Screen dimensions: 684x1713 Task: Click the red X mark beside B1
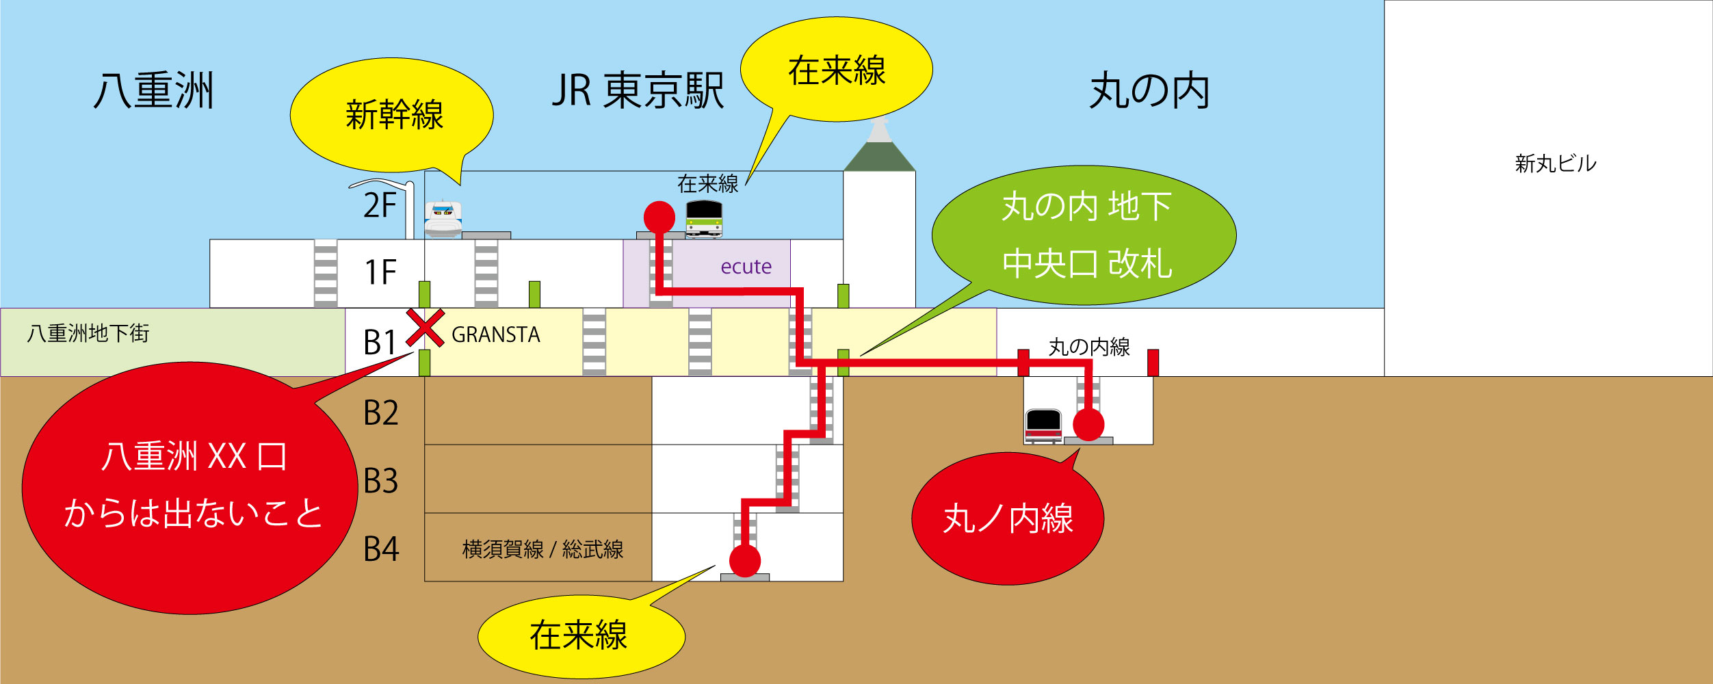(425, 328)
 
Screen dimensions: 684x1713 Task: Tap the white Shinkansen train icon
(443, 219)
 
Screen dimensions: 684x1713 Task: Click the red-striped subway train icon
(1043, 425)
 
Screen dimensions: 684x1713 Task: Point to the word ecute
(746, 267)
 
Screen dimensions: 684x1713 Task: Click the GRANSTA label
(495, 334)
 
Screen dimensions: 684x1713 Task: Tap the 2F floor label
(380, 205)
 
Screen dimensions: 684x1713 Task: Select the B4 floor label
(380, 549)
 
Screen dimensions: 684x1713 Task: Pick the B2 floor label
(380, 413)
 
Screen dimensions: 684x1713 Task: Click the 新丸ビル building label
(1555, 164)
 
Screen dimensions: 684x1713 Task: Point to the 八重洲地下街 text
(88, 334)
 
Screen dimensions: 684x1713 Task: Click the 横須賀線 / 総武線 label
(542, 549)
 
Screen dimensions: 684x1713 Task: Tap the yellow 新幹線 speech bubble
(393, 115)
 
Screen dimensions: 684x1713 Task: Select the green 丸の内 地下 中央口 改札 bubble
(1085, 235)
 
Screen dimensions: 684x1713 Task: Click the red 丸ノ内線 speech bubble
(1007, 518)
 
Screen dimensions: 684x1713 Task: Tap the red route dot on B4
(745, 561)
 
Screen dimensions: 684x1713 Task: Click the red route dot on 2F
(659, 217)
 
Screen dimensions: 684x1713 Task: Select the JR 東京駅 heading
(638, 91)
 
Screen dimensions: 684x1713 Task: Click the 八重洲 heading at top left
(154, 91)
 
